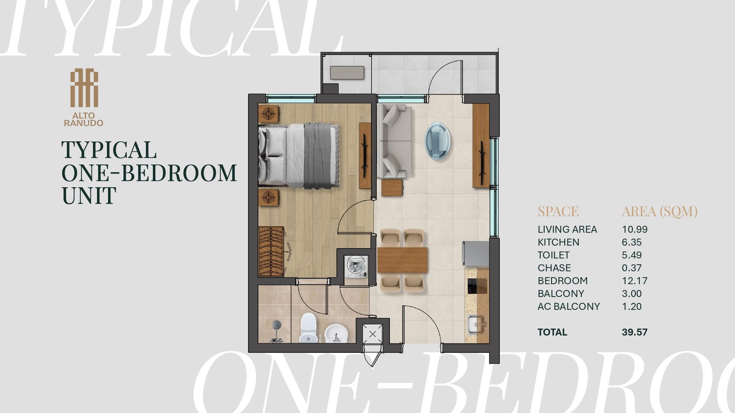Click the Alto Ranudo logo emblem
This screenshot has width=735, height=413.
pos(84,88)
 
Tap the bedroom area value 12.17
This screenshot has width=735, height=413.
pos(634,280)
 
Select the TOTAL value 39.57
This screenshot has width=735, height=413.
pos(634,332)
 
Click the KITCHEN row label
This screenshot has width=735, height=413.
pos(559,242)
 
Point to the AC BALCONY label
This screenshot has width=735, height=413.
pos(569,307)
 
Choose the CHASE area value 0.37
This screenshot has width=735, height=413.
pos(632,268)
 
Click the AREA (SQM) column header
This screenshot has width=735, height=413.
pos(660,212)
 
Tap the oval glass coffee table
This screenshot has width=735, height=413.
pos(438,141)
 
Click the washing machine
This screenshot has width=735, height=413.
pos(356,267)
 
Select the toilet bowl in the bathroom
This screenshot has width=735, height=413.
pos(308,328)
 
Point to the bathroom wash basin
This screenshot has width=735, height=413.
pos(336,333)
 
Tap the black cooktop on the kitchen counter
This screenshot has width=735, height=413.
pos(477,286)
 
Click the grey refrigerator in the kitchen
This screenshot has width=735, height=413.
pos(476,253)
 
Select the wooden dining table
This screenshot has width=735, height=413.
pos(402,260)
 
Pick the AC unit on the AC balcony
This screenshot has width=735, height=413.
pos(347,73)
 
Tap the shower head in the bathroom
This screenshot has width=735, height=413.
pos(276,331)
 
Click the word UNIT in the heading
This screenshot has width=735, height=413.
pos(89,195)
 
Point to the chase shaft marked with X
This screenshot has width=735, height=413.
pos(373,335)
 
